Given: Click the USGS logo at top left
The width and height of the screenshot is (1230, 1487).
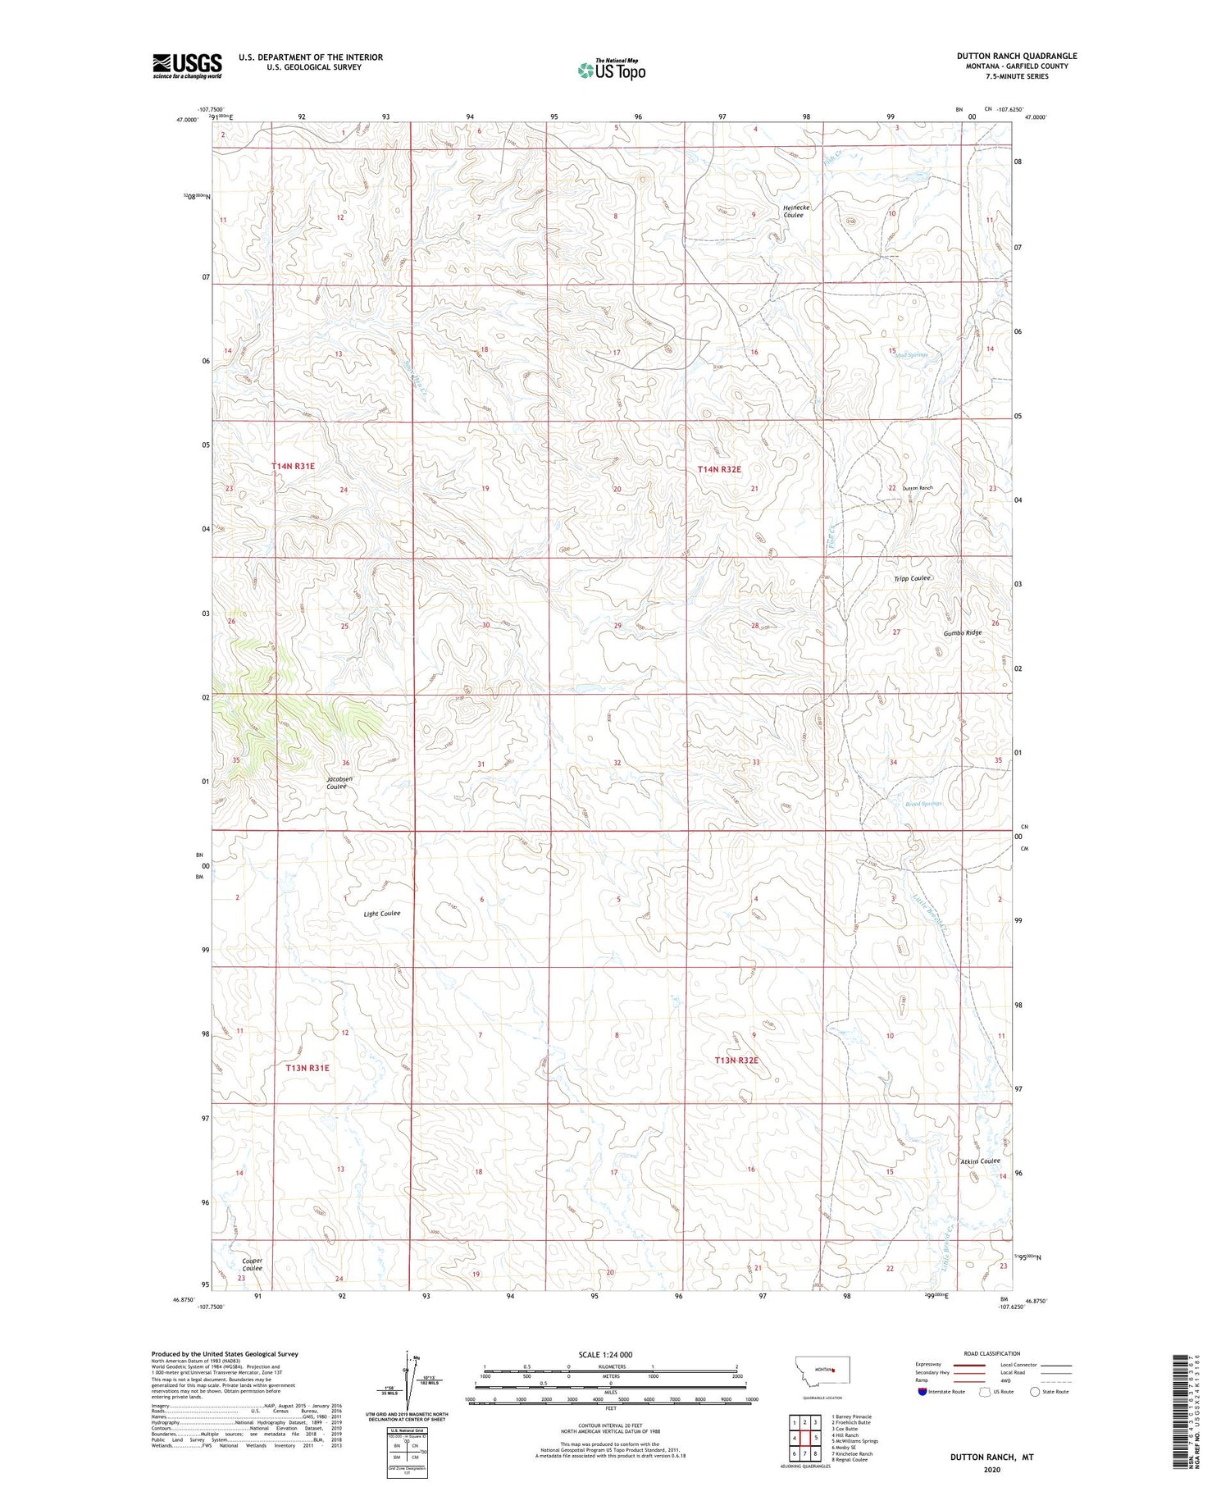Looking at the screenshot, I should pos(187,66).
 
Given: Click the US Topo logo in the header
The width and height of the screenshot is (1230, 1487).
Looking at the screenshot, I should pos(611,71).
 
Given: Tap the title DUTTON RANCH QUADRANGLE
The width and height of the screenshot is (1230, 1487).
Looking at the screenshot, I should pos(1017,56).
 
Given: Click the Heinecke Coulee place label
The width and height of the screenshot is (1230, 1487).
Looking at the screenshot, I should pos(795,211).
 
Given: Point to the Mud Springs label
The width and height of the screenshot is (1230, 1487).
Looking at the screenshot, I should pos(911,355).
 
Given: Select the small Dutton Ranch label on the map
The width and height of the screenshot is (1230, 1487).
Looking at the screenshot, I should pos(918,488).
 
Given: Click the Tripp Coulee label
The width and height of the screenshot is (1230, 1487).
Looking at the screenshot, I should pos(912,578).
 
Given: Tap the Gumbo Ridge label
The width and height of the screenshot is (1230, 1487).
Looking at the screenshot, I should pos(962,632).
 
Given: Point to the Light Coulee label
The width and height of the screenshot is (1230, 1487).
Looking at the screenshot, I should pos(383,913).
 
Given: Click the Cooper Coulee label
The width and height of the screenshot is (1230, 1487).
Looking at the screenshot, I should pos(252,1264).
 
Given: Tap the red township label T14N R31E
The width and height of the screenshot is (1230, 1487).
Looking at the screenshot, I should pos(293,466).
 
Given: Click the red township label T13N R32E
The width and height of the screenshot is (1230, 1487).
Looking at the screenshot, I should pos(736,1060).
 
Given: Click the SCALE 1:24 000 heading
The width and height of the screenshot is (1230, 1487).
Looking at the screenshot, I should pos(610,1354).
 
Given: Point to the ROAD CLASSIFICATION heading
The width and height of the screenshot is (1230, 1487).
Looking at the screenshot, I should pos(991,1353).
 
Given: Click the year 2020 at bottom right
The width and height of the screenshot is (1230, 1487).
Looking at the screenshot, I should pos(991,1470).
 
